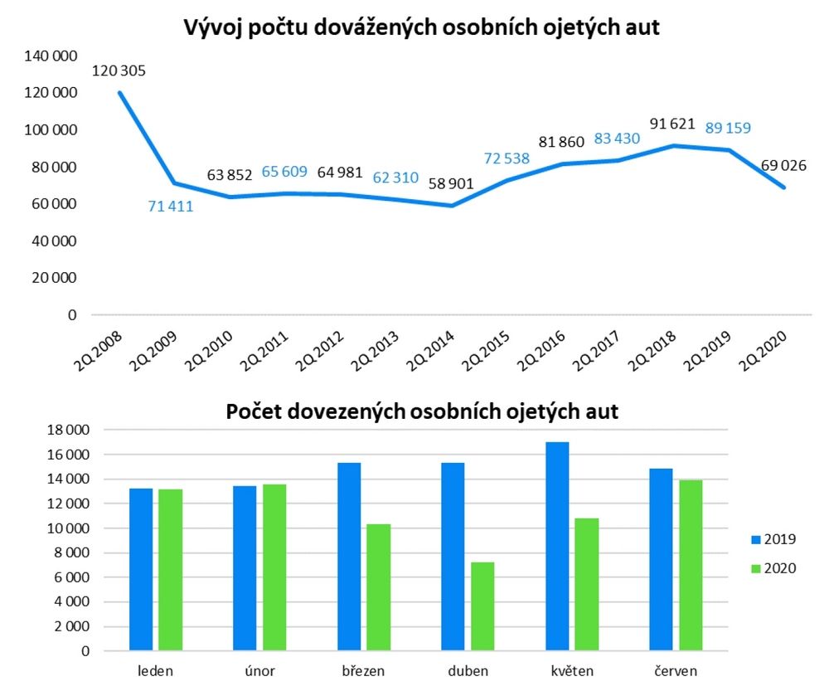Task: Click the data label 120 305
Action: (119, 71)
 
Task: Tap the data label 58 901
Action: (451, 182)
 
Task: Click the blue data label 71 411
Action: (171, 206)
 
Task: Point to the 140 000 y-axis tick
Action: (52, 56)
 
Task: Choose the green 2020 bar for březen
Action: (379, 587)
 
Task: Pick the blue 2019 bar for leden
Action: (142, 570)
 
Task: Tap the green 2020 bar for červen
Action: (691, 566)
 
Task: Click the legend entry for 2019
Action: (771, 539)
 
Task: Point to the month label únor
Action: (259, 669)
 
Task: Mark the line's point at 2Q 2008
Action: (119, 92)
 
